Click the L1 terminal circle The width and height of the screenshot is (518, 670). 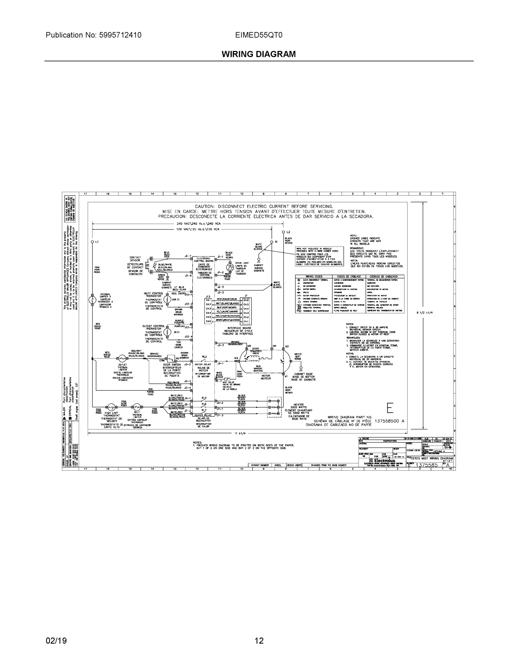tap(92, 242)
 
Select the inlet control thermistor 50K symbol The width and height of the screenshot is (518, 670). tap(167, 300)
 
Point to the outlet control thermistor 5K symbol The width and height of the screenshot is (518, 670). tap(167, 332)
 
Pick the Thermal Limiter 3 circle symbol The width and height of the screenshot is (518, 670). tap(92, 300)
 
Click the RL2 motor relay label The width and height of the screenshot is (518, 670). tap(204, 357)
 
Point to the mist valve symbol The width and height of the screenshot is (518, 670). tap(228, 379)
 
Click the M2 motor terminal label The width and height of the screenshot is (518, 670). tap(287, 346)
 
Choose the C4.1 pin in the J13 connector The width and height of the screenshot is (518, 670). tap(209, 300)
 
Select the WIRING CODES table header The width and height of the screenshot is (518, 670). tap(314, 276)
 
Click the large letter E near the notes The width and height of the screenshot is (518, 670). tap(390, 408)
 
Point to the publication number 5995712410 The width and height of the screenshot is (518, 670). tap(120, 35)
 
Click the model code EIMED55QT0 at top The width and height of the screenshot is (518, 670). tap(259, 35)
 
